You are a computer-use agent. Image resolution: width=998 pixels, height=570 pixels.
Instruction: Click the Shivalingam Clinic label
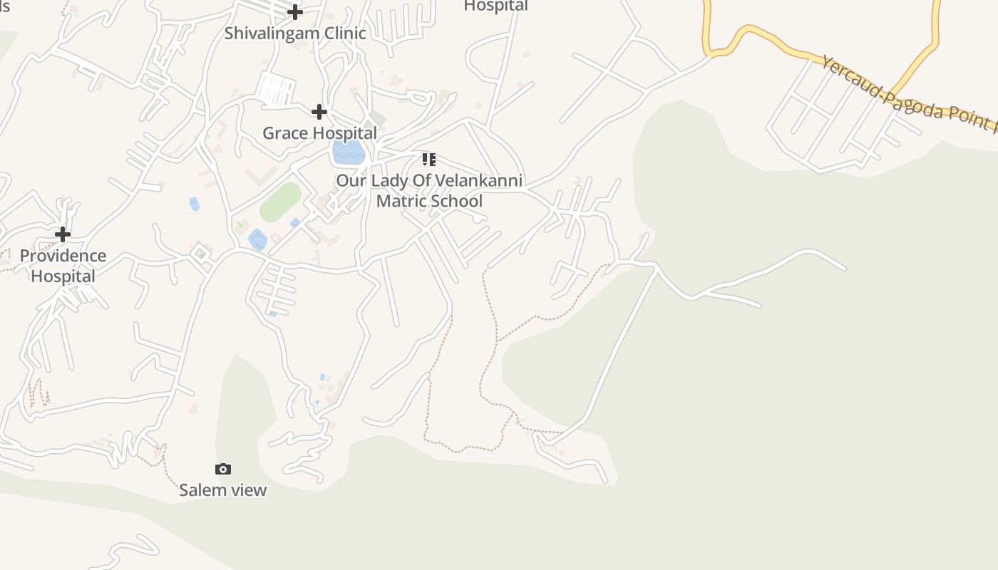(x=295, y=33)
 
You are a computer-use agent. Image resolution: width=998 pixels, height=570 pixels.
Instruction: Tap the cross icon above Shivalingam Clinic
(x=295, y=11)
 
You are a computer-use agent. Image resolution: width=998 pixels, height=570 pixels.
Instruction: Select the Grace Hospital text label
(x=319, y=133)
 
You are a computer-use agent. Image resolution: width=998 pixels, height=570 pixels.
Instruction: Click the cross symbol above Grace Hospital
(x=319, y=111)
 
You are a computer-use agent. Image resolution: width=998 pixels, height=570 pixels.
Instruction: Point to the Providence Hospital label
(x=63, y=266)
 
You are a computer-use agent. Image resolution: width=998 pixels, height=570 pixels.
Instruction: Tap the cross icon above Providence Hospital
(x=63, y=234)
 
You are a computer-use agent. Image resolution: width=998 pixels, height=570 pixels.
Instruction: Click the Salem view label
(x=222, y=490)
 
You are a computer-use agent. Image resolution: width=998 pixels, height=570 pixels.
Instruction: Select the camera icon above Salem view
(x=223, y=469)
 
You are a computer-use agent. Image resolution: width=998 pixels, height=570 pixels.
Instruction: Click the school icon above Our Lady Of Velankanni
(x=428, y=159)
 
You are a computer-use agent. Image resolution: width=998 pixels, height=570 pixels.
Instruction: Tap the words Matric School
(x=429, y=201)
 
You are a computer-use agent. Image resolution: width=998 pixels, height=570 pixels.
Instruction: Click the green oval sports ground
(x=280, y=202)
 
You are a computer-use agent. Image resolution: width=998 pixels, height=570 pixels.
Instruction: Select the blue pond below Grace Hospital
(x=348, y=151)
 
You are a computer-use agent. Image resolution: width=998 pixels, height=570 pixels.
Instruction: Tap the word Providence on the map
(x=63, y=256)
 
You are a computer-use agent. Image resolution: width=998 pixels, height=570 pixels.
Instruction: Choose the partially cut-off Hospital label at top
(x=495, y=6)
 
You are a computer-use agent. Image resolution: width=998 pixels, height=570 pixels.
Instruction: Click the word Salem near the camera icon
(x=200, y=490)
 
